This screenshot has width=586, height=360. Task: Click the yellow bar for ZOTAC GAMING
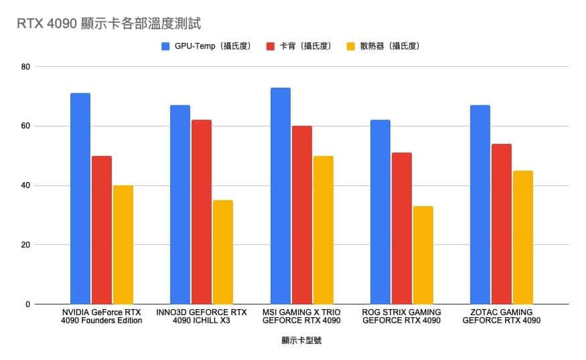pos(523,238)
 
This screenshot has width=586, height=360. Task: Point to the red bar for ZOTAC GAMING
pos(502,224)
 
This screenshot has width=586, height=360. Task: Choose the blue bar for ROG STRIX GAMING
pos(380,212)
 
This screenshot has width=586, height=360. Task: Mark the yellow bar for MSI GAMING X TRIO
pos(323,230)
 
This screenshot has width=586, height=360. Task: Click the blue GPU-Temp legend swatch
pos(166,46)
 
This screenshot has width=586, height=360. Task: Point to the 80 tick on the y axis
pos(25,67)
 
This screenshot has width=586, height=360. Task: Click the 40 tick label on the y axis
pos(25,185)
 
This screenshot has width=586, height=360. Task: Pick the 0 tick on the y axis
pos(27,304)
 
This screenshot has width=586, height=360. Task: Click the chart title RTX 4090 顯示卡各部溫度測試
pos(110,23)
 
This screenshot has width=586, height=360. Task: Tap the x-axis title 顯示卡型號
pos(301,341)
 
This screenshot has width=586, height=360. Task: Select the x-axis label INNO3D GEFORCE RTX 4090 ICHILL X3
pos(202,317)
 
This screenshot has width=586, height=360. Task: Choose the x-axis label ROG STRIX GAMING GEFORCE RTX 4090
pos(401,317)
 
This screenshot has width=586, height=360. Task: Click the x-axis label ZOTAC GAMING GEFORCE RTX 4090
pos(502,317)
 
